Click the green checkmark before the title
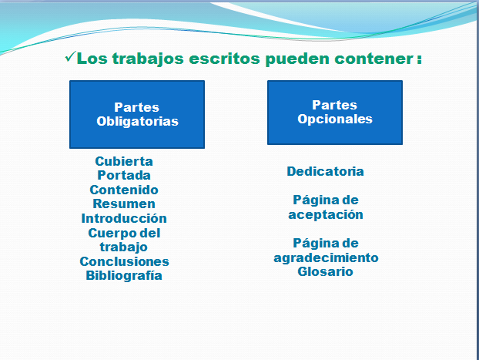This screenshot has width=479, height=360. (70, 57)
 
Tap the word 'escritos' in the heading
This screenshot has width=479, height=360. (225, 59)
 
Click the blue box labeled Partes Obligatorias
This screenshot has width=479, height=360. (137, 114)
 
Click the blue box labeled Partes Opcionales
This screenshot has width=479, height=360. (335, 113)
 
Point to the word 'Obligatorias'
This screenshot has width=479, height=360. (138, 122)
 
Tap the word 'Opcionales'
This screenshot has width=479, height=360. (335, 119)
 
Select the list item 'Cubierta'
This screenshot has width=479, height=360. (124, 161)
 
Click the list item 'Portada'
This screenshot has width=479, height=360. (124, 175)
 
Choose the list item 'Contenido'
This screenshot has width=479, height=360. (124, 190)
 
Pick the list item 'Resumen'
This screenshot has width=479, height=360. (124, 204)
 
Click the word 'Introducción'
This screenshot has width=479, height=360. (124, 218)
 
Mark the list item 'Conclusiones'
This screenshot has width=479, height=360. (124, 261)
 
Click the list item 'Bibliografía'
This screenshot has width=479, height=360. (124, 275)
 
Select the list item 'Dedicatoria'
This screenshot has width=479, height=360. (325, 171)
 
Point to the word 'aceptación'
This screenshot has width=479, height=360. (326, 215)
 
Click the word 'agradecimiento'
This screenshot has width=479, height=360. (326, 258)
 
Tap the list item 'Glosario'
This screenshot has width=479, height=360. (325, 271)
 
